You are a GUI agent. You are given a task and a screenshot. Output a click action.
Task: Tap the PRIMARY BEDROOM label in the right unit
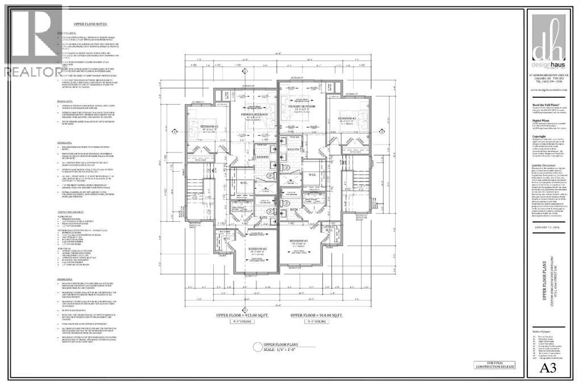click(302, 106)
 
